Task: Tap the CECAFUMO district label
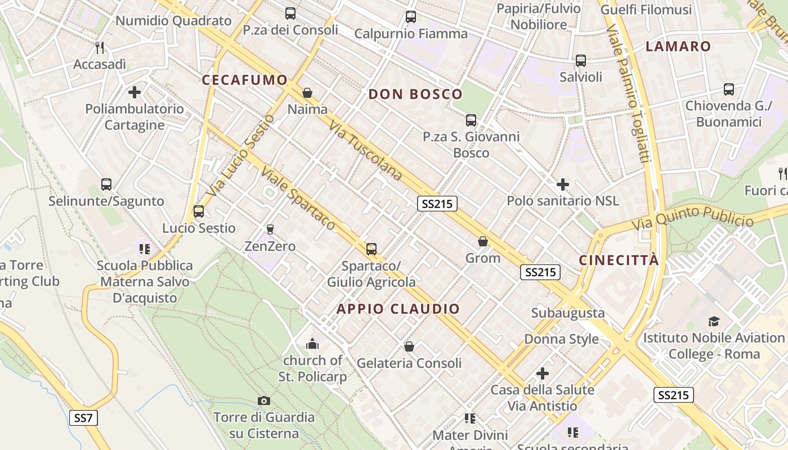[x=245, y=80]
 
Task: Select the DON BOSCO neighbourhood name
[x=415, y=94]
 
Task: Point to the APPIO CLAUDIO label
[x=398, y=309]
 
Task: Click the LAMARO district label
[x=678, y=46]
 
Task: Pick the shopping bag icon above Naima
[x=307, y=93]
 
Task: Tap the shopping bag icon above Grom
[x=482, y=242]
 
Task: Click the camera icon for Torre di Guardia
[x=263, y=400]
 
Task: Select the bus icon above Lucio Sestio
[x=199, y=211]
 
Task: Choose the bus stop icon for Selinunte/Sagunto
[x=106, y=184]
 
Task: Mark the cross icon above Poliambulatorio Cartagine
[x=135, y=92]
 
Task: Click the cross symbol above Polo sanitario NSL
[x=562, y=184]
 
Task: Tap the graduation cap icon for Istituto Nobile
[x=714, y=321]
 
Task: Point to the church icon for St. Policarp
[x=312, y=344]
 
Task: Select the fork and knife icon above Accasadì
[x=100, y=47]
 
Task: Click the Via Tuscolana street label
[x=366, y=151]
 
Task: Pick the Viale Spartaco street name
[x=299, y=200]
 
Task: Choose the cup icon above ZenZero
[x=270, y=229]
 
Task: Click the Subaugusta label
[x=568, y=313]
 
